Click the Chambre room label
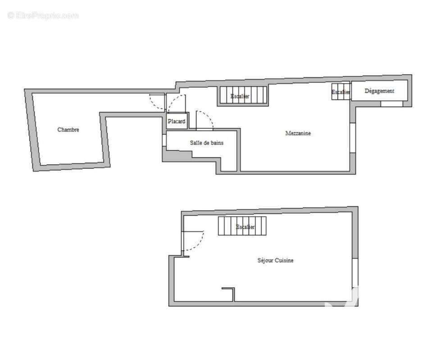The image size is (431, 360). click(x=68, y=130)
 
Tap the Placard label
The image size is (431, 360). click(x=177, y=121)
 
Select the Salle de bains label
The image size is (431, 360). click(x=207, y=143)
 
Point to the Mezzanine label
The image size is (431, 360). click(x=298, y=133)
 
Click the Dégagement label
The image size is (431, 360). click(x=379, y=91)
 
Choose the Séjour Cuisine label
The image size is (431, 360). click(x=276, y=260)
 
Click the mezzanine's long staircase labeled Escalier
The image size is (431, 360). click(x=243, y=95)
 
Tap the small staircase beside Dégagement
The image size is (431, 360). click(x=341, y=92)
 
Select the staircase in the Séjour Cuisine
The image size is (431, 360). click(x=242, y=226)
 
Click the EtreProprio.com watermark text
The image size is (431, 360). click(x=43, y=16)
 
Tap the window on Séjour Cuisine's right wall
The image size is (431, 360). click(x=355, y=273)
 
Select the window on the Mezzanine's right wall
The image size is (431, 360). click(x=353, y=138)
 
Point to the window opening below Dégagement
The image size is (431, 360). click(x=392, y=104)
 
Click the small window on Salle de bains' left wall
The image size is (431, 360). click(x=164, y=140)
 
